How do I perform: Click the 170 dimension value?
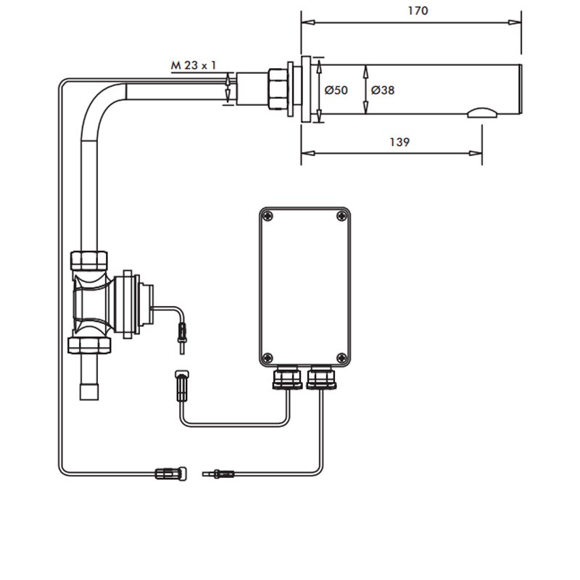tap(418, 11)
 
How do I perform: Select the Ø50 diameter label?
tap(336, 91)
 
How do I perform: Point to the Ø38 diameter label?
tap(382, 91)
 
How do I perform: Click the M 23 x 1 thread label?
tap(194, 65)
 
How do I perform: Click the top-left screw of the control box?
tap(269, 216)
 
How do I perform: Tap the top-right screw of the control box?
tap(341, 216)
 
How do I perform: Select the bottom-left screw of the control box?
tap(269, 356)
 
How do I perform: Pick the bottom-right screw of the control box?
tap(341, 356)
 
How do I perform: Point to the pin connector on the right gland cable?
tap(220, 474)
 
